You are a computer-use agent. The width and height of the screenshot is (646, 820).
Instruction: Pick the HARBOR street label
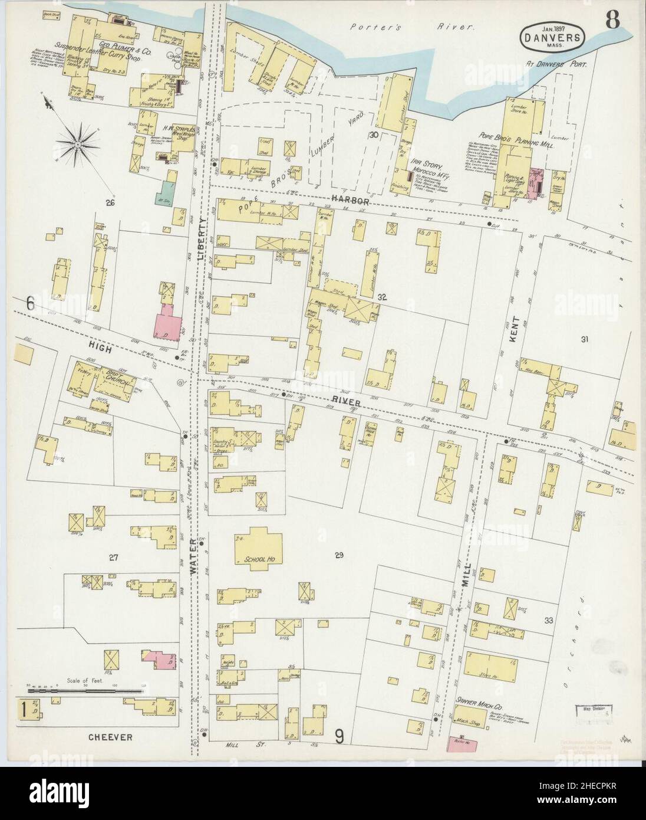(351, 201)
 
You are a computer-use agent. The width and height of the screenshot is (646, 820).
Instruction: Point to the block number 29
(338, 555)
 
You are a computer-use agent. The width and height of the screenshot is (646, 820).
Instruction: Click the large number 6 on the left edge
(30, 304)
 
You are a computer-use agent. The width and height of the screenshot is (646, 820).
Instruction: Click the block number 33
(549, 620)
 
